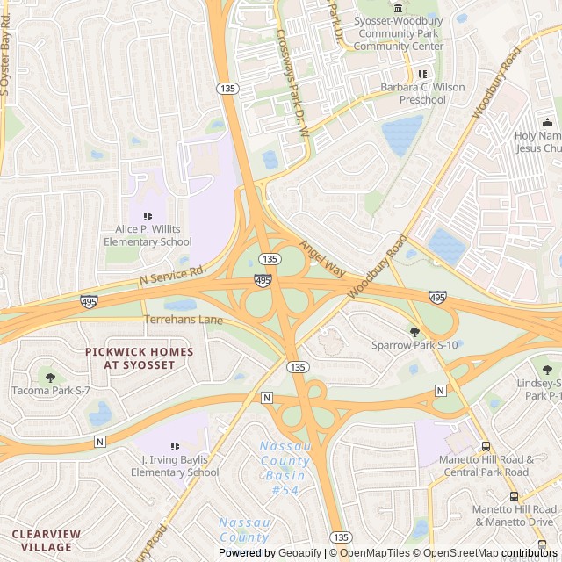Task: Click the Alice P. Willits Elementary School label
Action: pyautogui.click(x=148, y=235)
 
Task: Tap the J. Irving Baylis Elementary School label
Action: pyautogui.click(x=175, y=466)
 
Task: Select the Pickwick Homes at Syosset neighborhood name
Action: pyautogui.click(x=140, y=357)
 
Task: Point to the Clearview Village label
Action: pyautogui.click(x=45, y=540)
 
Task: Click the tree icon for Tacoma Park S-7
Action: pyautogui.click(x=50, y=377)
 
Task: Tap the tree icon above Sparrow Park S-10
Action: pyautogui.click(x=414, y=331)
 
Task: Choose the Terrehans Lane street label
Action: pyautogui.click(x=184, y=320)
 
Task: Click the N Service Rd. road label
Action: pyautogui.click(x=172, y=275)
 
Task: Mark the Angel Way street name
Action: pyautogui.click(x=322, y=259)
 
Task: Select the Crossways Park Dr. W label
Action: pyautogui.click(x=293, y=83)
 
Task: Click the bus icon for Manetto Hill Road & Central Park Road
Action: pyautogui.click(x=486, y=446)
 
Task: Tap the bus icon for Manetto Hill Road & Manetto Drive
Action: pyautogui.click(x=515, y=496)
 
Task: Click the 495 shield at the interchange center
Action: pyautogui.click(x=263, y=280)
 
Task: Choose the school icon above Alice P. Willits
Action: pyautogui.click(x=148, y=215)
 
